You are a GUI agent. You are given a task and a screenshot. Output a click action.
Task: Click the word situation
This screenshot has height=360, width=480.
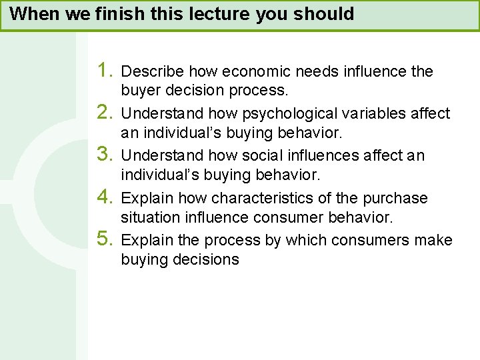[x=149, y=217]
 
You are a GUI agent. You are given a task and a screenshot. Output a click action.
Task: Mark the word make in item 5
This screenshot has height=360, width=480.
[x=434, y=241]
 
